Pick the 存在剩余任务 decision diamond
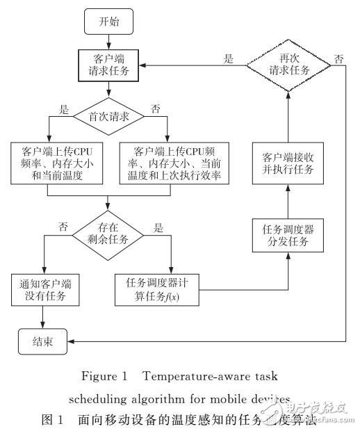click(x=108, y=235)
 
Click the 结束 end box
click(x=44, y=341)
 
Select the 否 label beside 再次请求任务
click(x=338, y=58)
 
